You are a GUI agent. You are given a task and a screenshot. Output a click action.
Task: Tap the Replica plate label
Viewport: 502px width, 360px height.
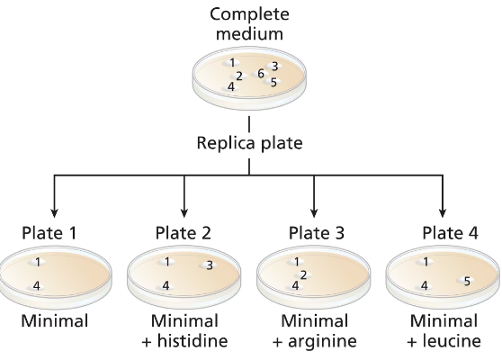[x=249, y=142]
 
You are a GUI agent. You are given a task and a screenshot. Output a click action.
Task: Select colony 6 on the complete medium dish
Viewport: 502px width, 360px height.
[x=260, y=74]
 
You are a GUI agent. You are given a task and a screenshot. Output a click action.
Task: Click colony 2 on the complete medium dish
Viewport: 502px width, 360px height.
[x=239, y=76]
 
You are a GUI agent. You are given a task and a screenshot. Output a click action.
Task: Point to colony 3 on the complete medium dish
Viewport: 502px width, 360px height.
[x=274, y=66]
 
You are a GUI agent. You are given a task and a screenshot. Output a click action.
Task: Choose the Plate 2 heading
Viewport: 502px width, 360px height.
[x=184, y=233]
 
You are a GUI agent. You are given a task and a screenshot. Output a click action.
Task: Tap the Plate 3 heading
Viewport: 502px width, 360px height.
[x=316, y=233]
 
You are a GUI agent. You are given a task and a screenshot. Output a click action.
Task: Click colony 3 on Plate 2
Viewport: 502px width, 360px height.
[x=210, y=265]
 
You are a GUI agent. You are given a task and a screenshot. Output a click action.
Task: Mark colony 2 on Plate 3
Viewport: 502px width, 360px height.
[x=304, y=274]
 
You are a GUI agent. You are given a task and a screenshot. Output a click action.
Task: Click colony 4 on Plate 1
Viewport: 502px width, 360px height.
[x=37, y=285]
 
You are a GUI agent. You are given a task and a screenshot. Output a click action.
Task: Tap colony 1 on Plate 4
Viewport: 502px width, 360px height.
[x=425, y=263]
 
